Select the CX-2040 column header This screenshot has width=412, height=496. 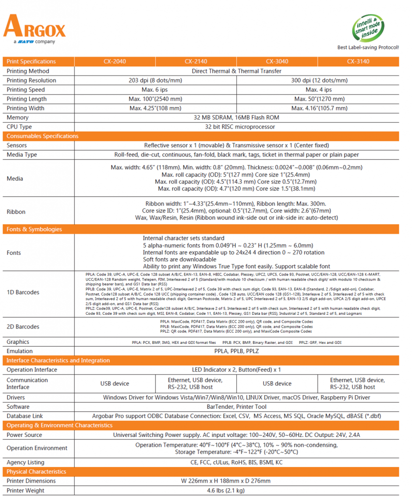115,62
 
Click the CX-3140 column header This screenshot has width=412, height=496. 358,62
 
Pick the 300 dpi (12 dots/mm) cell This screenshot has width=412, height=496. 318,80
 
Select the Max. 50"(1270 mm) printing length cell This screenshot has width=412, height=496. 318,99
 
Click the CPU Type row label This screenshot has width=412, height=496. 19,127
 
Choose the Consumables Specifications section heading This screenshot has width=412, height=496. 42,136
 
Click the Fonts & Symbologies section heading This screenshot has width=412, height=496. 34,229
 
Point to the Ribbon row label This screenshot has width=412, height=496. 16,212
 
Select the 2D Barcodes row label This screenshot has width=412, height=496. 23,326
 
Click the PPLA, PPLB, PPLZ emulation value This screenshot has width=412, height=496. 236,351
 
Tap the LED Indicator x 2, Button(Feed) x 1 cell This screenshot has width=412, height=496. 236,370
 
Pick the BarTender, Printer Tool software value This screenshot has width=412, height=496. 236,407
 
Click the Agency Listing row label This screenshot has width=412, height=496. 25,463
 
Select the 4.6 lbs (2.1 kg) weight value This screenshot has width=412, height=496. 236,491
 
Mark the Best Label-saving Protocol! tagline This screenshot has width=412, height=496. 368,47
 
